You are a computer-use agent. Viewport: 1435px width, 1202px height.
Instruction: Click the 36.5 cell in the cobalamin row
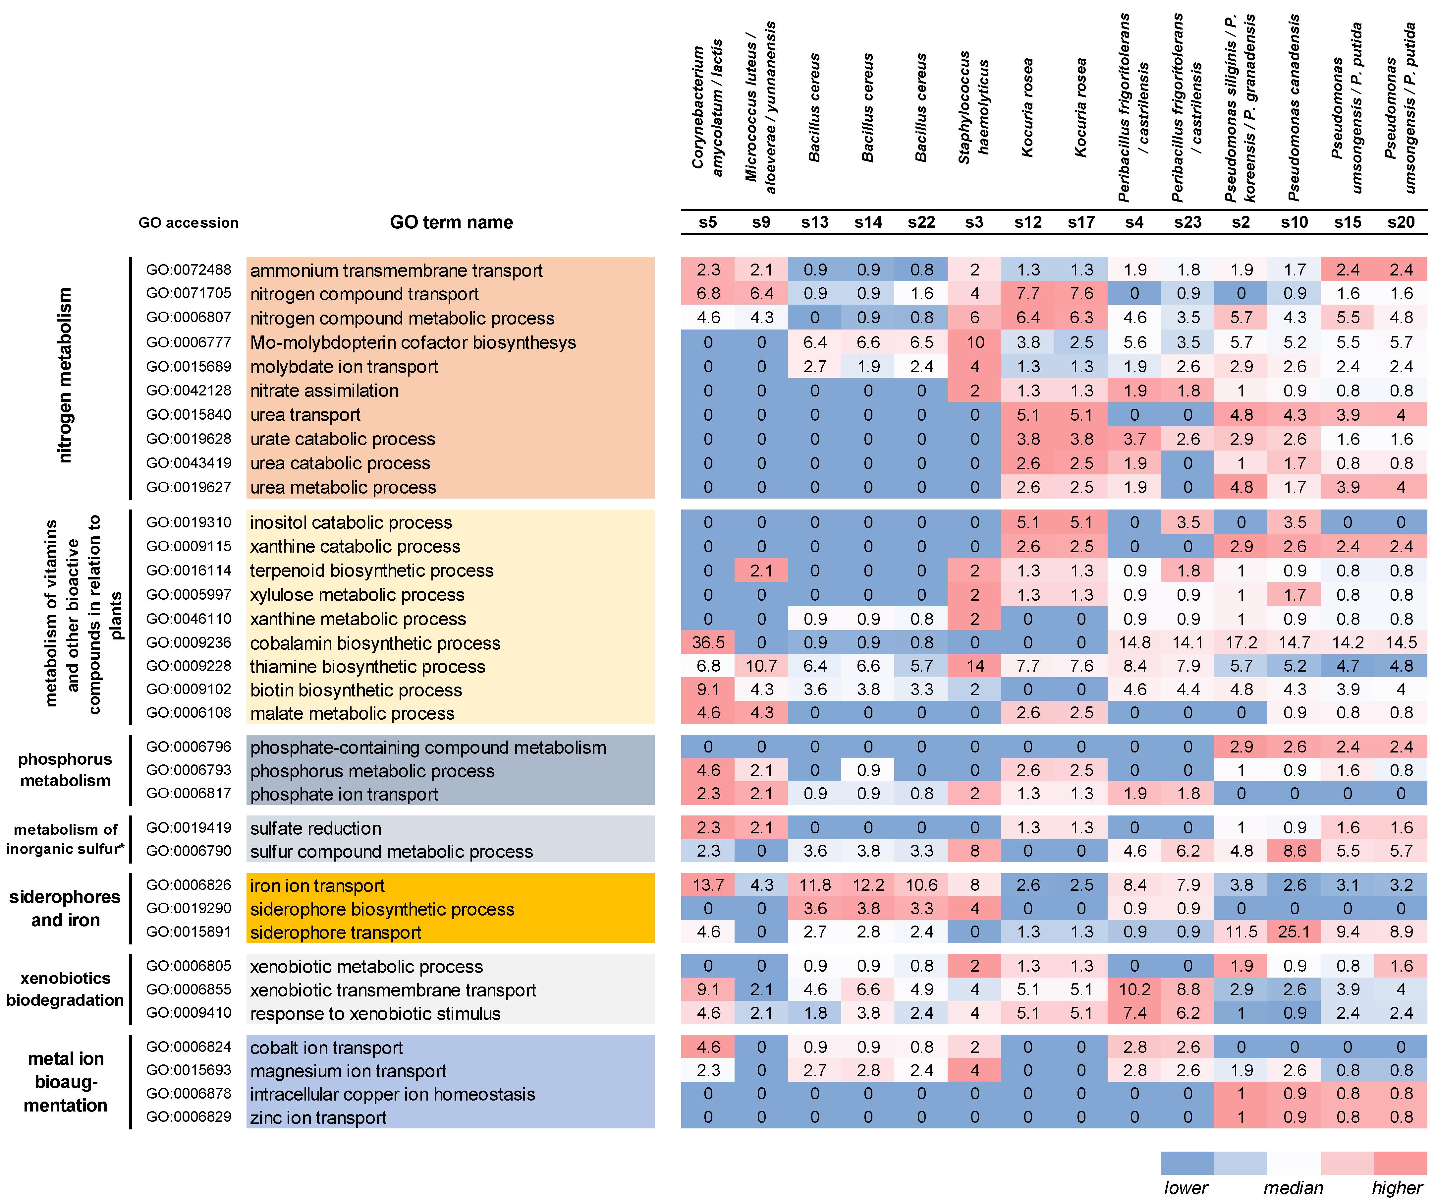tap(708, 643)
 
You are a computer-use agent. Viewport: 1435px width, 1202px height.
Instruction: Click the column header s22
tap(921, 222)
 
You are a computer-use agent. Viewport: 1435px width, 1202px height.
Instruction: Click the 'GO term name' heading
tap(451, 222)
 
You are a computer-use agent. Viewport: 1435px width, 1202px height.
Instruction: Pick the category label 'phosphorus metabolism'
tap(65, 770)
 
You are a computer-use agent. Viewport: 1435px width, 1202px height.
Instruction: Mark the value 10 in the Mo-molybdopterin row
tap(974, 342)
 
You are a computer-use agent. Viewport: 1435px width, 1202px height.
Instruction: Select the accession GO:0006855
tap(189, 990)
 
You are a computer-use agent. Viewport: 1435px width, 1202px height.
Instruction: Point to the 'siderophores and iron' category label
tap(65, 909)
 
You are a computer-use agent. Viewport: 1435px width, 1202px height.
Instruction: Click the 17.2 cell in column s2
tap(1241, 643)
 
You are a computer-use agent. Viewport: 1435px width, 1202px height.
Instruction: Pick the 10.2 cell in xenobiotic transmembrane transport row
tap(1134, 990)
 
